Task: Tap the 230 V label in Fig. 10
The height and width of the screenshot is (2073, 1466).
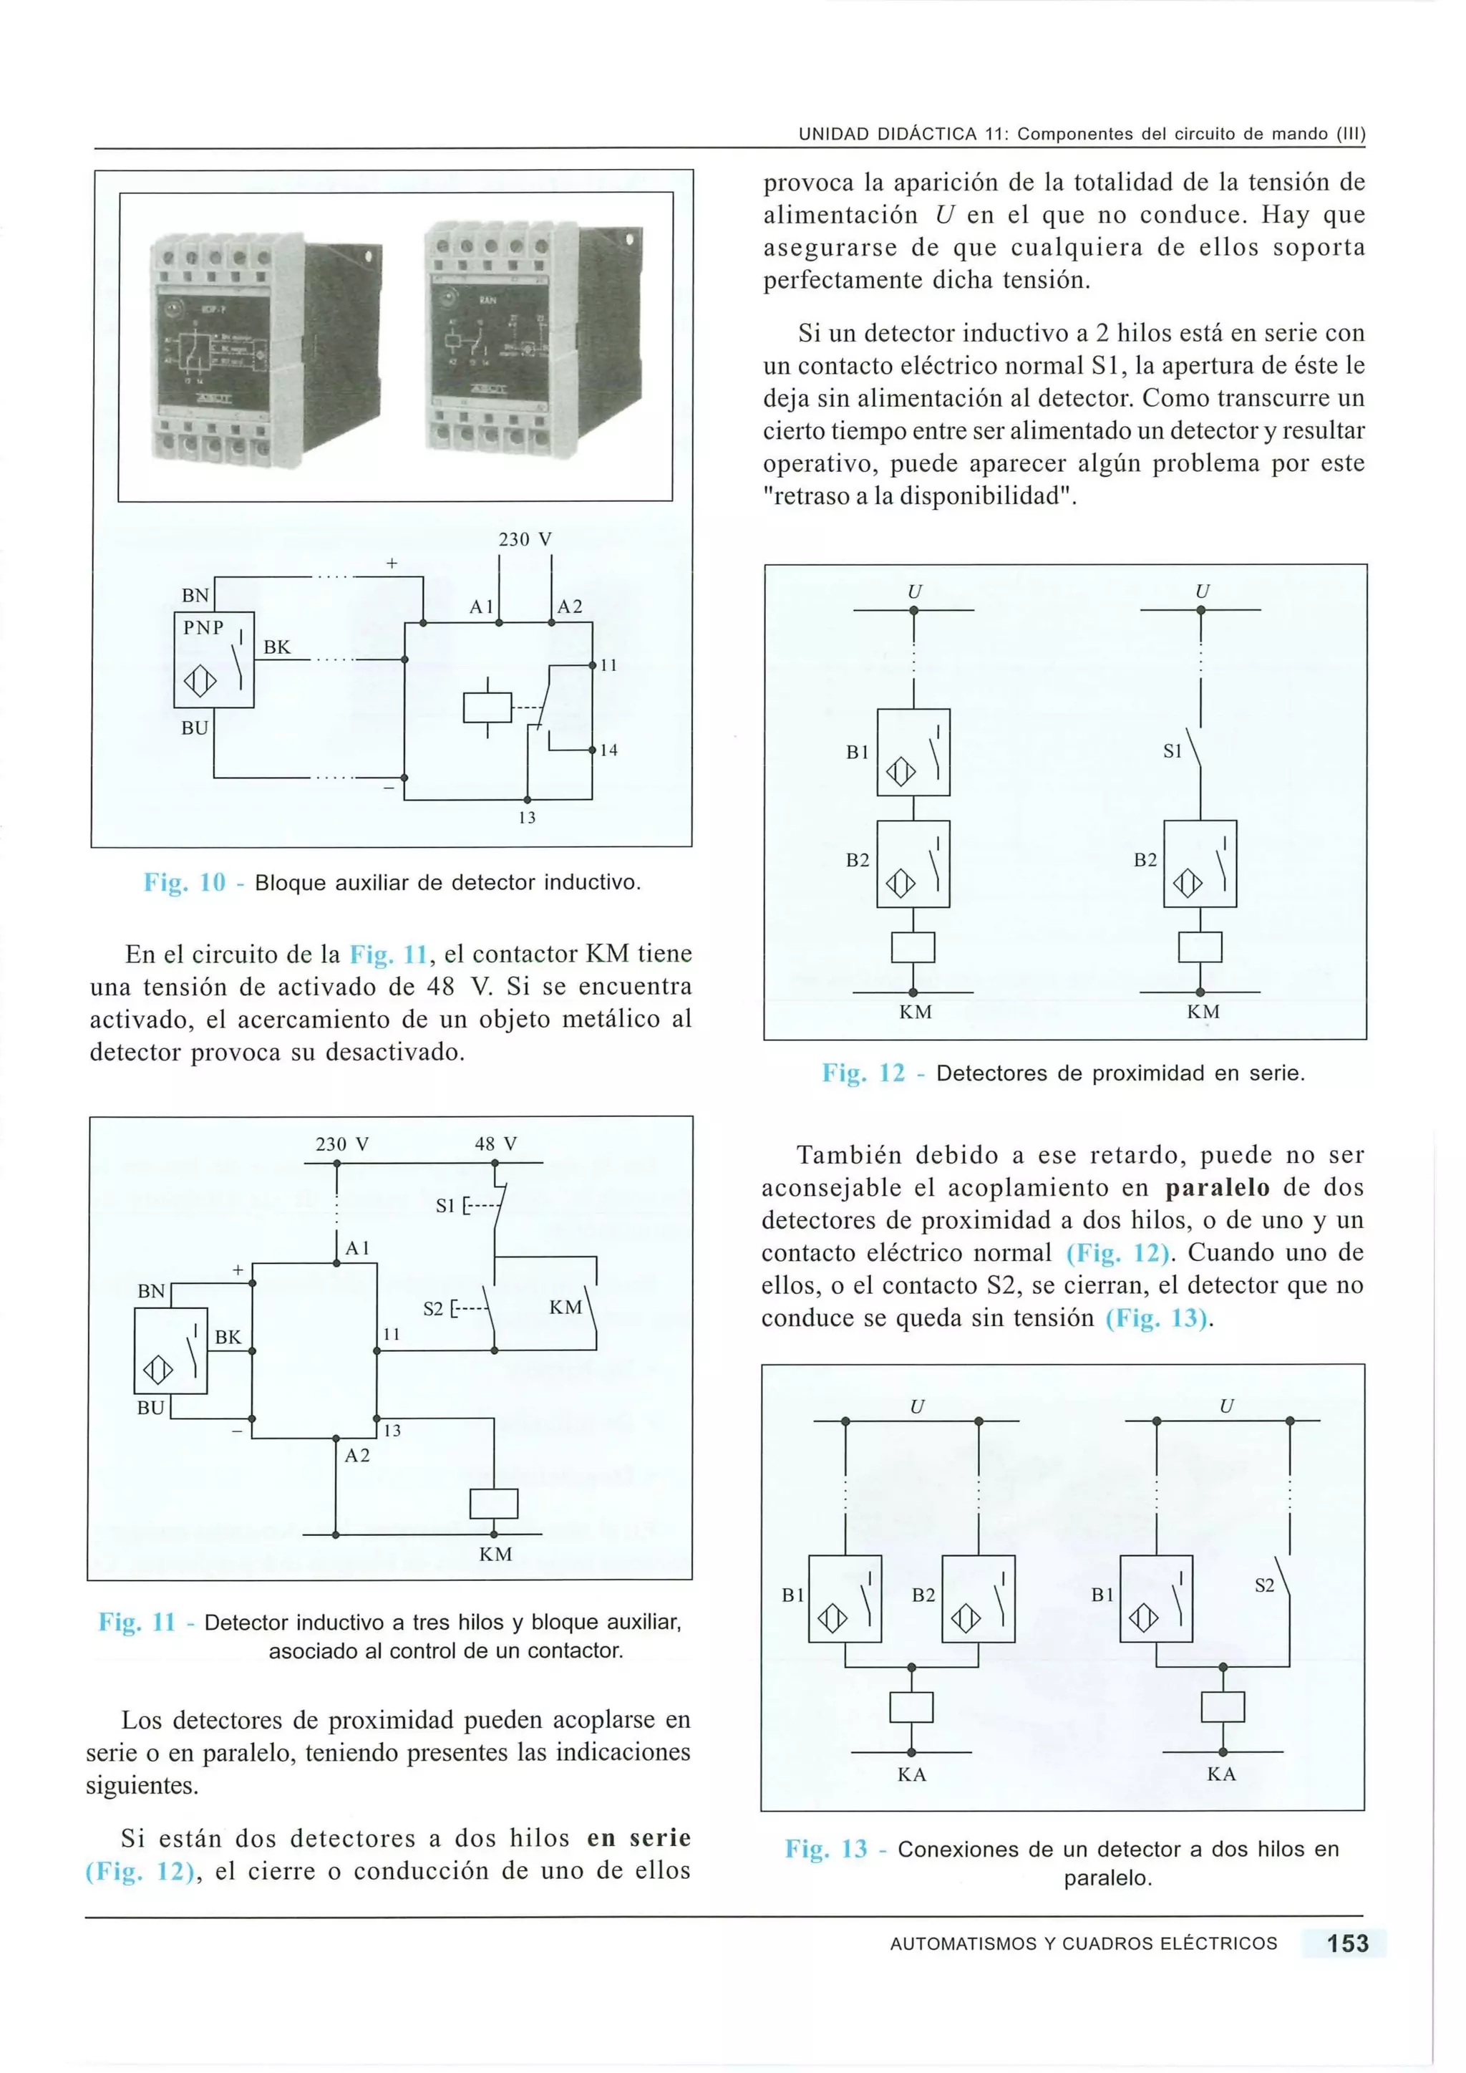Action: pos(525,539)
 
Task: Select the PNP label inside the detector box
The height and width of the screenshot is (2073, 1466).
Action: pos(203,627)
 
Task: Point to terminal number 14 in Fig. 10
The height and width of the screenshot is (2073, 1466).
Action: pos(608,750)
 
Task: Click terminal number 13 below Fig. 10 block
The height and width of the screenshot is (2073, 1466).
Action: pos(527,818)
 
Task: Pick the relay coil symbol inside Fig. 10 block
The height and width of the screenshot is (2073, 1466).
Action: pos(487,707)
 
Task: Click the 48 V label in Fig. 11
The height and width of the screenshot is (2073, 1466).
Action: pos(495,1144)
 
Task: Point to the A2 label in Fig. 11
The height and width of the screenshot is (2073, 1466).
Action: pos(357,1456)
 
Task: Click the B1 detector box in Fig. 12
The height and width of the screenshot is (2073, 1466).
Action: pos(913,752)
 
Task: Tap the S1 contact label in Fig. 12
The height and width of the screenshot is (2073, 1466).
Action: pos(1172,751)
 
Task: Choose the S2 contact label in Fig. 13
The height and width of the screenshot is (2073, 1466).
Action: pos(1265,1585)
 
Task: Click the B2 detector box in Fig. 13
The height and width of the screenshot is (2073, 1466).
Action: pos(978,1598)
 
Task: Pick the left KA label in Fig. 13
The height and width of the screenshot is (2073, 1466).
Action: pos(912,1774)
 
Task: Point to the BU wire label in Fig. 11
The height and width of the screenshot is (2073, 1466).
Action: pos(151,1408)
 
